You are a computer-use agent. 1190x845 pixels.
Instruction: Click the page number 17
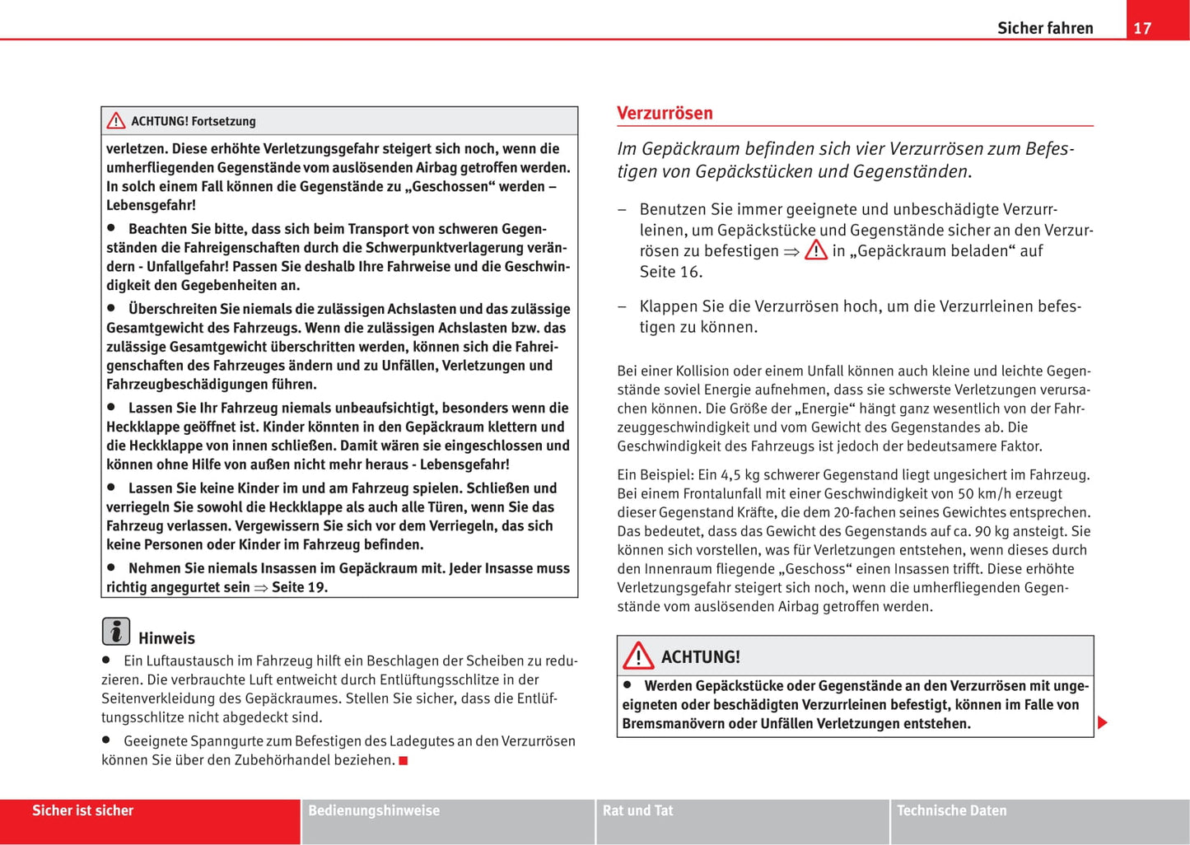(1142, 28)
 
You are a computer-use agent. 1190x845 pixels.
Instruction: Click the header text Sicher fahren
(1045, 28)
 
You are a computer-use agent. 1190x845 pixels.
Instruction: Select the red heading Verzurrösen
(665, 113)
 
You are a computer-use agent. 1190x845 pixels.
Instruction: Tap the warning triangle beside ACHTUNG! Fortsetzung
(116, 121)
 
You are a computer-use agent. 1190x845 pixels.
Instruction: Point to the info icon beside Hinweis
(116, 631)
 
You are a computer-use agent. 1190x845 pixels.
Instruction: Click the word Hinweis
(166, 638)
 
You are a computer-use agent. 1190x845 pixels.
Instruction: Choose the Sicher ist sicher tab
(82, 810)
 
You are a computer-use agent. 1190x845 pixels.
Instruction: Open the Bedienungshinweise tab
(374, 810)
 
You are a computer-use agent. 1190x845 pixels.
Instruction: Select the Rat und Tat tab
(637, 810)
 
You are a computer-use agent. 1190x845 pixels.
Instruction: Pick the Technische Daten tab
(951, 810)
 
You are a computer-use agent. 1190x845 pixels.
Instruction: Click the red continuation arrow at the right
(1103, 723)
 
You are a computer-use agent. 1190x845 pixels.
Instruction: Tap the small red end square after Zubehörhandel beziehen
(404, 760)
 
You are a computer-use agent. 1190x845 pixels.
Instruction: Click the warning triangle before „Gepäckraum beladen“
(815, 250)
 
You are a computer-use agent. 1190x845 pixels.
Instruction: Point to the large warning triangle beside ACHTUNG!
(638, 656)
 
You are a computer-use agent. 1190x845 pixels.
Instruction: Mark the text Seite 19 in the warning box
(300, 587)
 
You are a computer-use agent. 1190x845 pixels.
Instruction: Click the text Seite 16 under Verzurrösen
(670, 272)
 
